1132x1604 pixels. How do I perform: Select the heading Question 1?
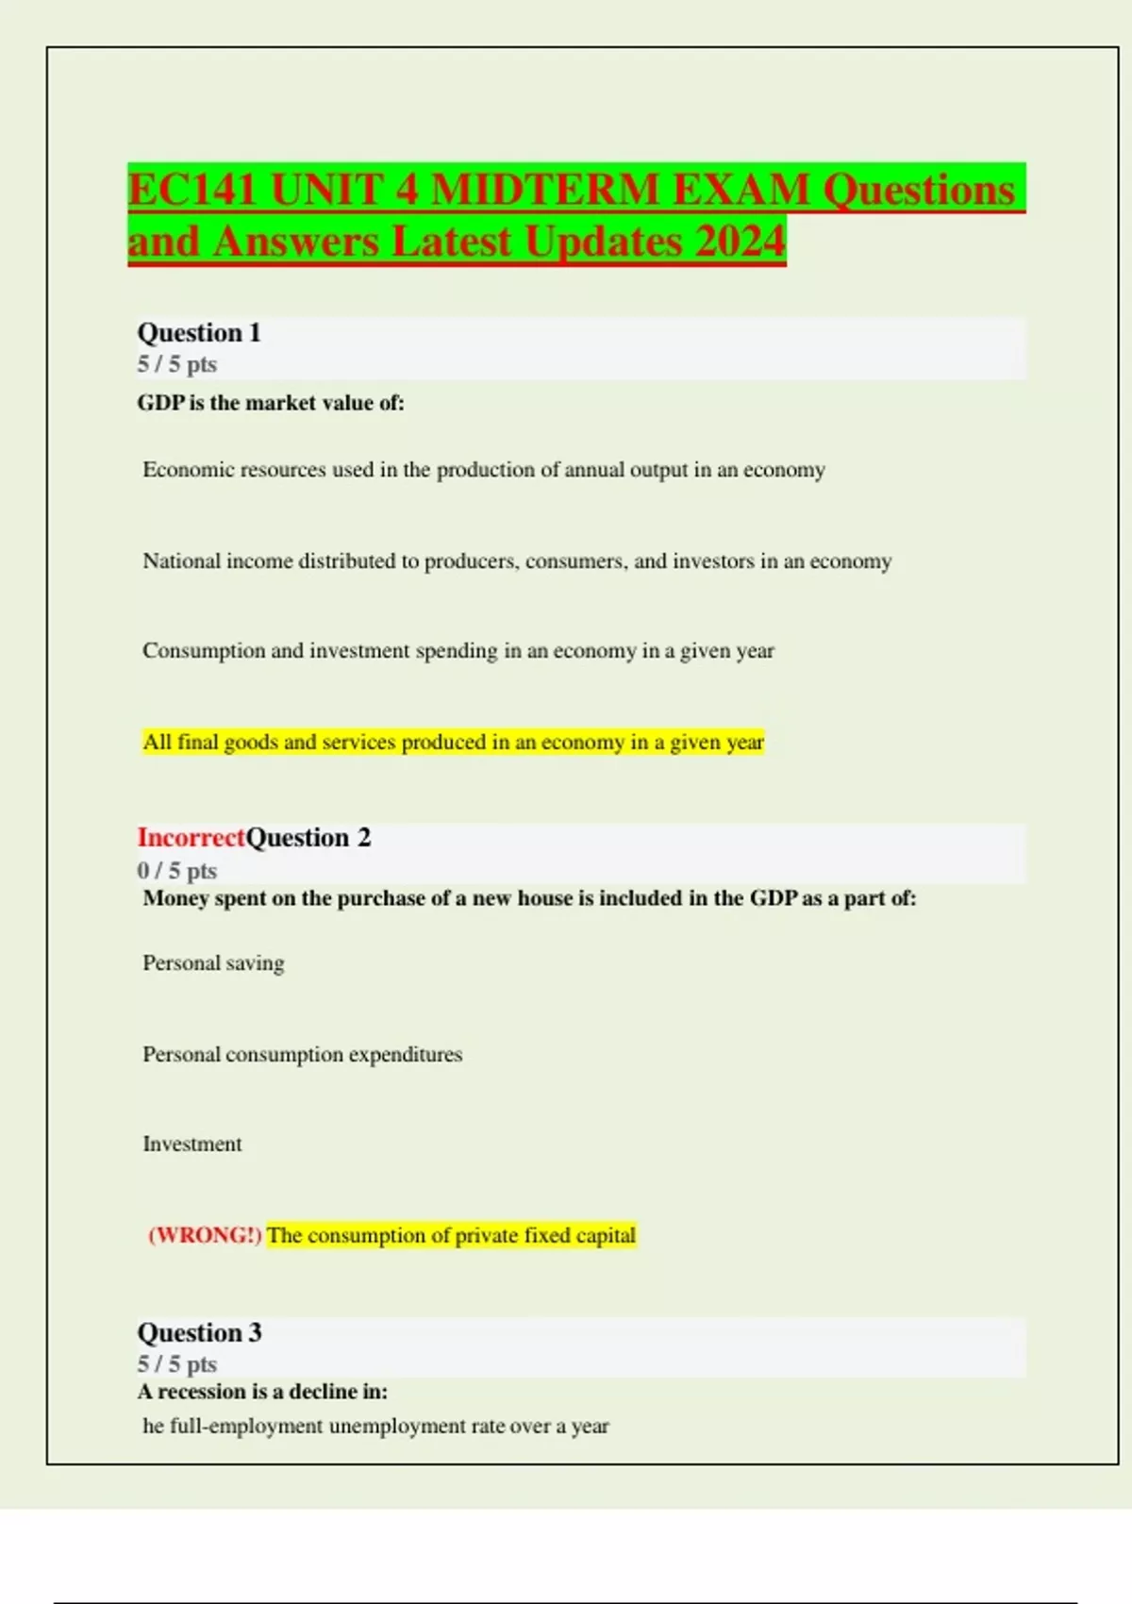click(199, 333)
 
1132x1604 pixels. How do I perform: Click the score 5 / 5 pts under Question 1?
click(177, 364)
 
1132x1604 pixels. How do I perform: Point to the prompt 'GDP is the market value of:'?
click(271, 403)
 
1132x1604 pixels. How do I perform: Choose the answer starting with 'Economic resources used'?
click(483, 470)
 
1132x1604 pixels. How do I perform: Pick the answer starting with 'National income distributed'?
click(516, 561)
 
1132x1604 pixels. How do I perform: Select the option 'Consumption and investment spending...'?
click(458, 651)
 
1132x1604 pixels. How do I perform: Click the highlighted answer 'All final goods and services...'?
click(453, 743)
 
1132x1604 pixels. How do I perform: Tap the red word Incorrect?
click(191, 838)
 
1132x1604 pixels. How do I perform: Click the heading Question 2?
click(308, 838)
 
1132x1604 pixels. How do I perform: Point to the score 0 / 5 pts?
click(177, 870)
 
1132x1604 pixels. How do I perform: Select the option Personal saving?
click(213, 963)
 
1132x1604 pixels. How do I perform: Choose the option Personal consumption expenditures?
click(302, 1055)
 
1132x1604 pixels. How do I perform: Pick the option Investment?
click(192, 1145)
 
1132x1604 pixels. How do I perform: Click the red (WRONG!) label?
click(205, 1236)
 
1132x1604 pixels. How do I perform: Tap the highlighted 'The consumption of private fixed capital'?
click(451, 1236)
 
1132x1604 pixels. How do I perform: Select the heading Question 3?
click(199, 1333)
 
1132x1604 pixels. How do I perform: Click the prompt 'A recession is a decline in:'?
click(262, 1392)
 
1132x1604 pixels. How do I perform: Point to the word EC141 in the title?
click(192, 190)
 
